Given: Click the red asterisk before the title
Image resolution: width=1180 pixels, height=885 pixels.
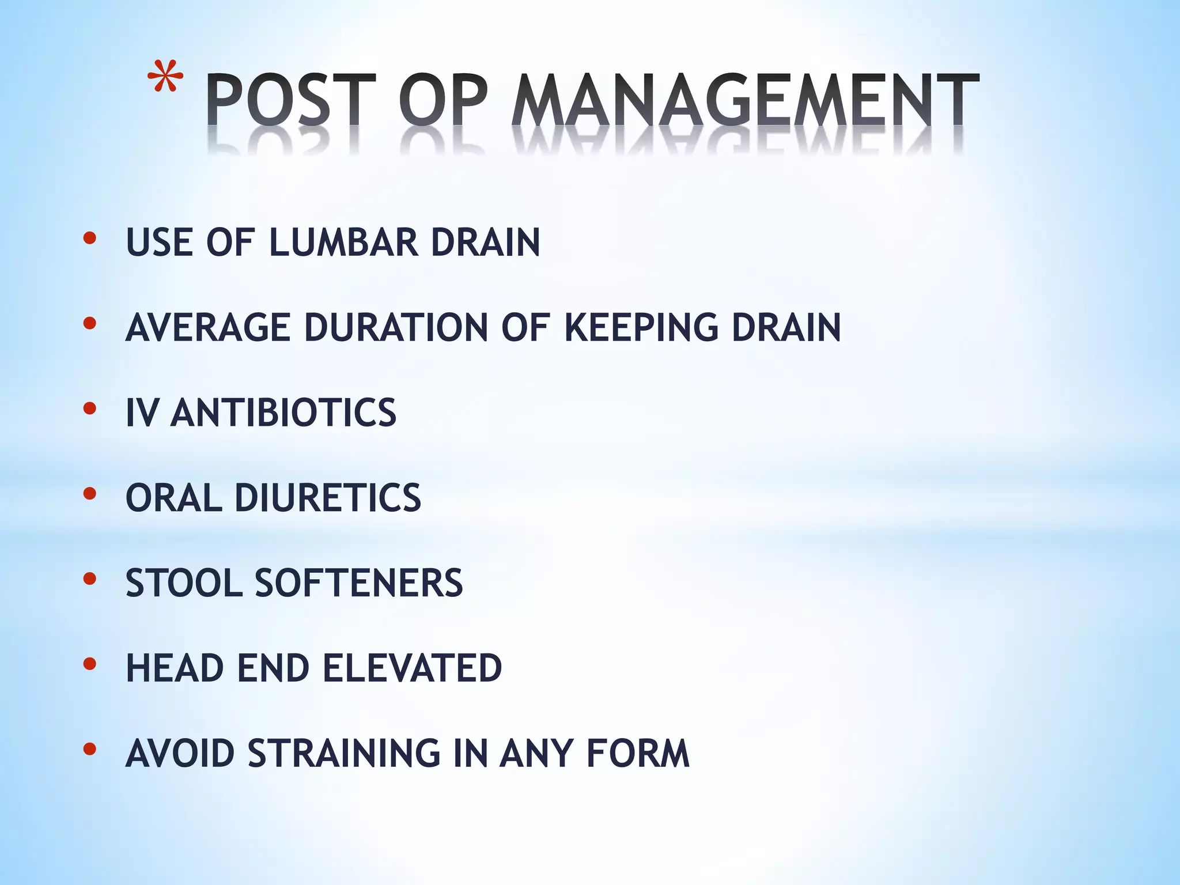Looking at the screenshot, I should click(165, 77).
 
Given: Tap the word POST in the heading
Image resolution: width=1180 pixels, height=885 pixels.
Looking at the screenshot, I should click(290, 100).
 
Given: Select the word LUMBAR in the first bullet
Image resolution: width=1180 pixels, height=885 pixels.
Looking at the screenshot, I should click(343, 242).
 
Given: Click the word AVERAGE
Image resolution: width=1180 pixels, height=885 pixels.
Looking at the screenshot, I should click(207, 327).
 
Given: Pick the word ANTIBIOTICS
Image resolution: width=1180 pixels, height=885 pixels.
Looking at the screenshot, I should click(283, 413).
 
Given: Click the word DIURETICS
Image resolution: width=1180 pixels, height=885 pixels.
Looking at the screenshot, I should click(328, 498).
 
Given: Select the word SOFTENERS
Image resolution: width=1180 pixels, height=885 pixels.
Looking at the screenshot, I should click(359, 583).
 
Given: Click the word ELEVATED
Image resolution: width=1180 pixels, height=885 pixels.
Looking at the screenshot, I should click(412, 668).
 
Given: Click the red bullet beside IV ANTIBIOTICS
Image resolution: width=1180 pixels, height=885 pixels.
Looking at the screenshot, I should click(89, 409).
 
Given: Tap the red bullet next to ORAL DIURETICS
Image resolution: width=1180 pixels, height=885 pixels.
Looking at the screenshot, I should click(89, 494).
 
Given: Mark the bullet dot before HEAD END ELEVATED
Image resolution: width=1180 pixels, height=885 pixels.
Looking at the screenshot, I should click(89, 664).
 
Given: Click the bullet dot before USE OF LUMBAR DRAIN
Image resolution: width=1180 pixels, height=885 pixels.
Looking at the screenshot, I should click(89, 238).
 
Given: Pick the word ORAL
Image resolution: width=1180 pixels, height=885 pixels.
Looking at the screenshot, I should click(173, 498).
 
